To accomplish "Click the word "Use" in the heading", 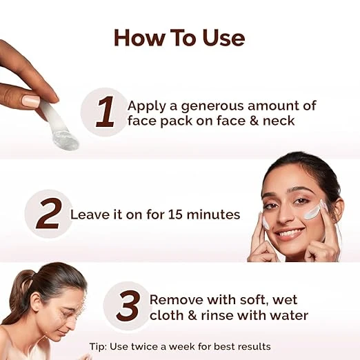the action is [x=223, y=38].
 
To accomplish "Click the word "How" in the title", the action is [x=140, y=38].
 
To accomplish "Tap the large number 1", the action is [x=106, y=112].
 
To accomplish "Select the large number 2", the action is [x=49, y=213].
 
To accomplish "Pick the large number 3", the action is [x=128, y=306].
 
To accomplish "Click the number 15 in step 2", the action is [x=175, y=214].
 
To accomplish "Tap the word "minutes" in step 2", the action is [x=213, y=214].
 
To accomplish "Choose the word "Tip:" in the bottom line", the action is [x=98, y=346].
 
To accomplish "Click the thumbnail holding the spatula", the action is [x=32, y=101].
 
